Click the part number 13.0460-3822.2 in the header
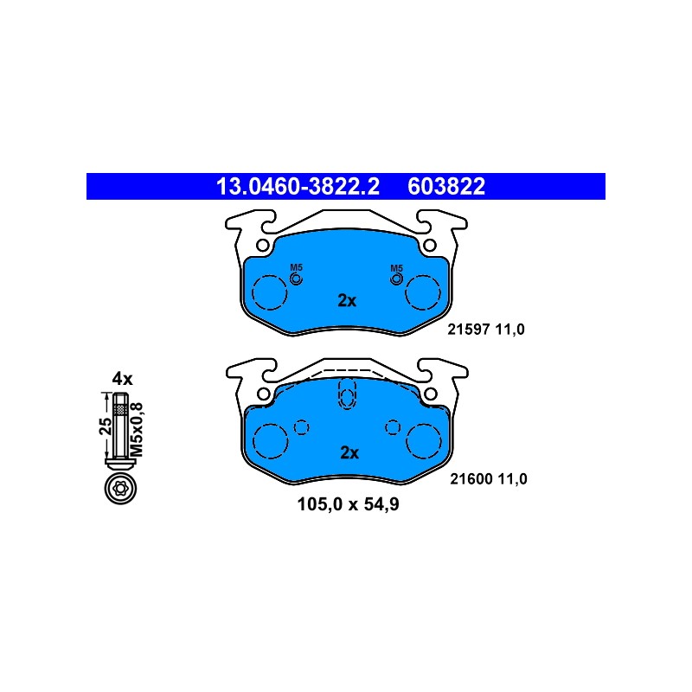[x=298, y=186]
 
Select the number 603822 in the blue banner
[x=446, y=186]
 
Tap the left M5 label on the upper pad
[x=296, y=267]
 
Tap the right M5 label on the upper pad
[x=397, y=268]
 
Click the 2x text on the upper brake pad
[x=347, y=300]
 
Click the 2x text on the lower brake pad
[x=349, y=452]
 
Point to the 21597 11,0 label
[x=486, y=330]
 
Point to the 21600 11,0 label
[x=489, y=479]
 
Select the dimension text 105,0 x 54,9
[x=349, y=504]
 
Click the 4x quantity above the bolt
[x=122, y=379]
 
